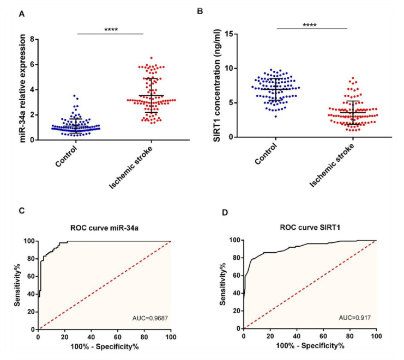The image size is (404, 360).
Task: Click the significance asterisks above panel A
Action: (110, 28)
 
